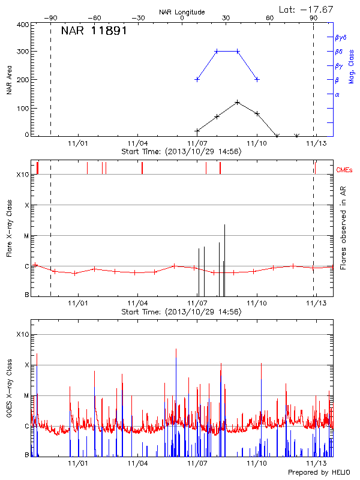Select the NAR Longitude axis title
pos(182,12)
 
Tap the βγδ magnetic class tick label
pos(340,37)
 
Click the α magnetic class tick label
pos(337,94)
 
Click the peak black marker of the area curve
pos(238,102)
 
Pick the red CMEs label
pos(345,170)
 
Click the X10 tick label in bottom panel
pos(23,334)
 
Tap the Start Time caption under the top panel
pos(181,152)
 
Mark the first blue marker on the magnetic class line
pos(197,79)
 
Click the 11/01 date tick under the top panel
pos(78,143)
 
